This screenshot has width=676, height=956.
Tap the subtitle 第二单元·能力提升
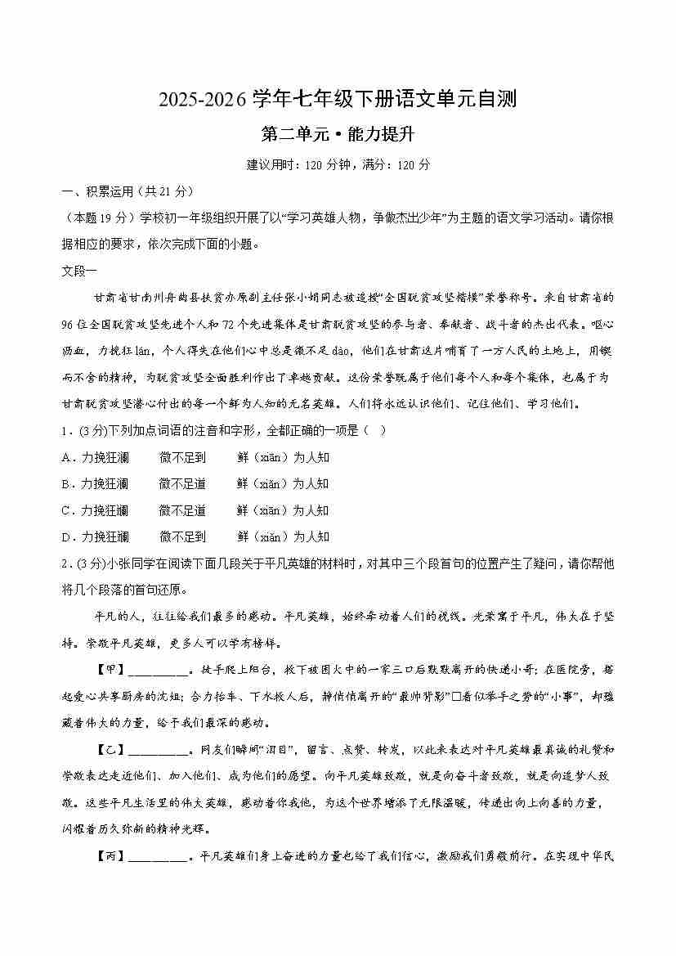[x=338, y=133]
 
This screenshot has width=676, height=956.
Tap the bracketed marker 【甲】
[x=112, y=670]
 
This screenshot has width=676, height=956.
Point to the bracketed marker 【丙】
[x=112, y=856]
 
